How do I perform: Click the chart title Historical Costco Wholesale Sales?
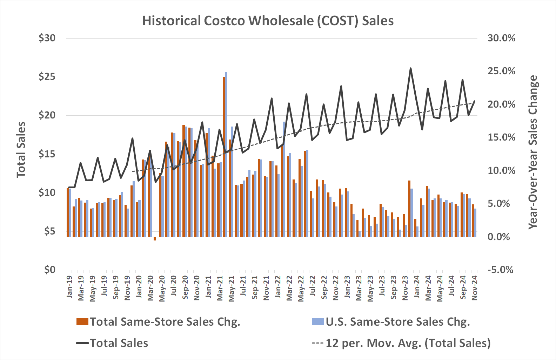click(x=268, y=21)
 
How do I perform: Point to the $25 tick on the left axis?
click(x=47, y=76)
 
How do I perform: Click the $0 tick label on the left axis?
click(x=50, y=270)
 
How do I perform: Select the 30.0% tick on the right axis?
click(x=501, y=38)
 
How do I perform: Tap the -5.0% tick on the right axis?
click(x=501, y=270)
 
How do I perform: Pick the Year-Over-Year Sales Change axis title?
click(x=533, y=152)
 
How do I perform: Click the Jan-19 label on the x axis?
click(x=69, y=287)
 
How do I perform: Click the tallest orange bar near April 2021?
click(x=224, y=157)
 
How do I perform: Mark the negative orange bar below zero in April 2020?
click(x=155, y=239)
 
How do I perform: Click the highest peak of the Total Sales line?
click(x=410, y=68)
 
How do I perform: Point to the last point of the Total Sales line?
click(x=474, y=101)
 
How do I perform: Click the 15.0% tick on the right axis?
click(x=501, y=137)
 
